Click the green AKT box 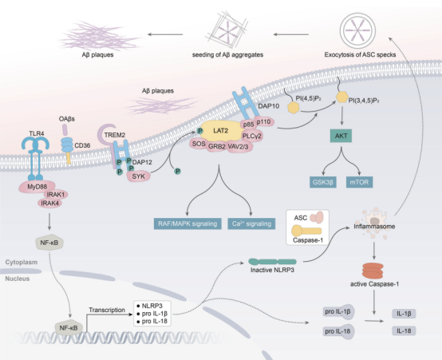point(341,136)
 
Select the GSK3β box point(323,182)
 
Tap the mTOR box point(359,182)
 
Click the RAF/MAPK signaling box point(187,224)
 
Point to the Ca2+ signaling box point(251,224)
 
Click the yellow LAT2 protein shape point(221,131)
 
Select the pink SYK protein point(138,176)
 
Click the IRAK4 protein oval point(49,203)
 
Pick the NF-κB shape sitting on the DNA point(69,328)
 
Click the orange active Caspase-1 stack point(373,271)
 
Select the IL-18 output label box point(404,330)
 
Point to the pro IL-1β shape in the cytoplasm point(338,312)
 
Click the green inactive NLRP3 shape point(272,262)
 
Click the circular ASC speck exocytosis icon point(357,30)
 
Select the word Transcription point(107,310)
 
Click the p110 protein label point(264,122)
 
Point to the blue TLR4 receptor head point(36,144)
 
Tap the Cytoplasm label point(21,262)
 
